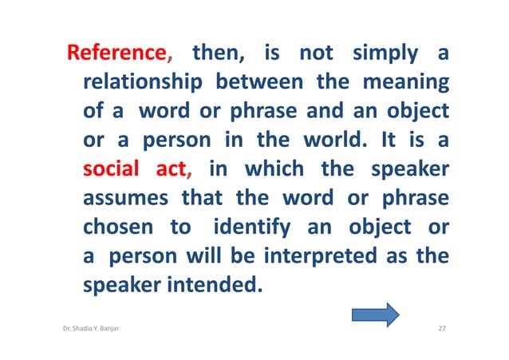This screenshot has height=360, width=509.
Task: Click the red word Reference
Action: [x=118, y=54]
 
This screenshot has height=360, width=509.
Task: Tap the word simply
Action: [x=384, y=54]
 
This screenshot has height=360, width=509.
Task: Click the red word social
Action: [x=111, y=168]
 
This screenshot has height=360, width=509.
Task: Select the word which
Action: [x=274, y=168]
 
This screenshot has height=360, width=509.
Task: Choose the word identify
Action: [x=252, y=227]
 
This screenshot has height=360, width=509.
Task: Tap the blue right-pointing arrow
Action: [x=375, y=314]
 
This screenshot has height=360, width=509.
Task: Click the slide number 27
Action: [x=444, y=329]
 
